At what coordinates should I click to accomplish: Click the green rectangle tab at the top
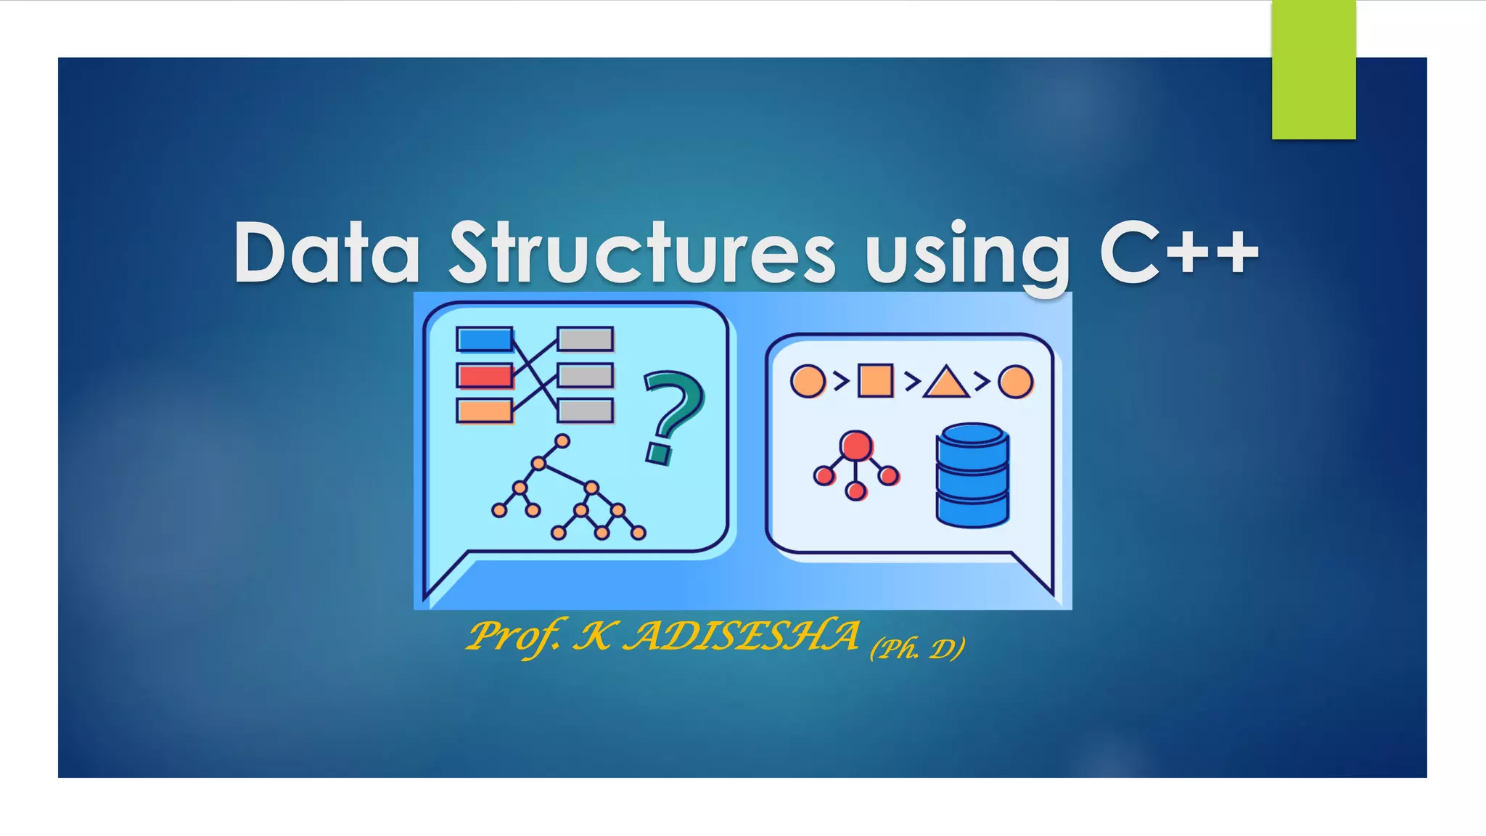[1313, 70]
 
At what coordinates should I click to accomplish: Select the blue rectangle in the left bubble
[484, 340]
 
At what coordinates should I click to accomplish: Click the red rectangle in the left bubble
[484, 376]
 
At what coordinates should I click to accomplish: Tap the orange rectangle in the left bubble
[484, 411]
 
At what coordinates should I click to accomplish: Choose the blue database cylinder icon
[972, 475]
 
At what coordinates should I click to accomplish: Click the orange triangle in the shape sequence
[945, 383]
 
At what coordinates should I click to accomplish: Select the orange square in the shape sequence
[875, 381]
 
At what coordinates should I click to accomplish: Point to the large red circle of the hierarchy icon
[856, 445]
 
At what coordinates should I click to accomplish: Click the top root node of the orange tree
[562, 440]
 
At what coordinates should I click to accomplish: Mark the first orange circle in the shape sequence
[808, 381]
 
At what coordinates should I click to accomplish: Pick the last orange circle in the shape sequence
[1015, 382]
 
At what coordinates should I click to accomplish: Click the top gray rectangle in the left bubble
[585, 339]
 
